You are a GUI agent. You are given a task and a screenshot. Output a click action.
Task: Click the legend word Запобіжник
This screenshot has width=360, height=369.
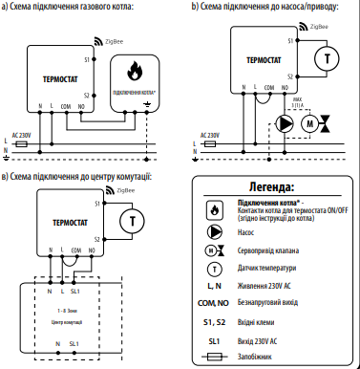(260, 357)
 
